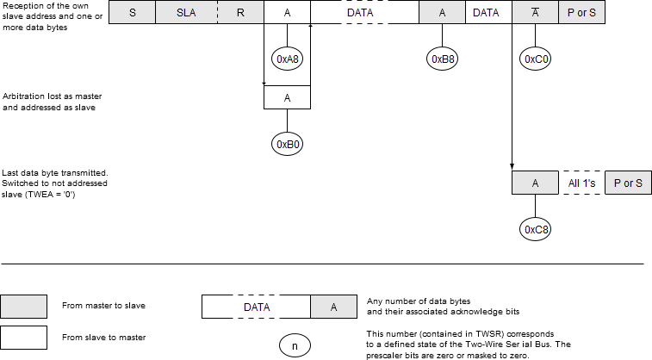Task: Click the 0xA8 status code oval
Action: coord(286,59)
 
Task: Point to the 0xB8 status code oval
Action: coord(443,59)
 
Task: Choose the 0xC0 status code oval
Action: coord(535,59)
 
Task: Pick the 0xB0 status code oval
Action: coord(286,144)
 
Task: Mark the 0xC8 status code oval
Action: coord(535,229)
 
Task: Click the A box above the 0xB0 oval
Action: coord(286,98)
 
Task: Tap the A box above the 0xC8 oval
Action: coord(535,183)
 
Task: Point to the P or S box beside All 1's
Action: coord(628,183)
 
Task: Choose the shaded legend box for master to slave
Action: coord(24,306)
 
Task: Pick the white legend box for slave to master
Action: coord(24,337)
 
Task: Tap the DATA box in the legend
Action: coord(257,307)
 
